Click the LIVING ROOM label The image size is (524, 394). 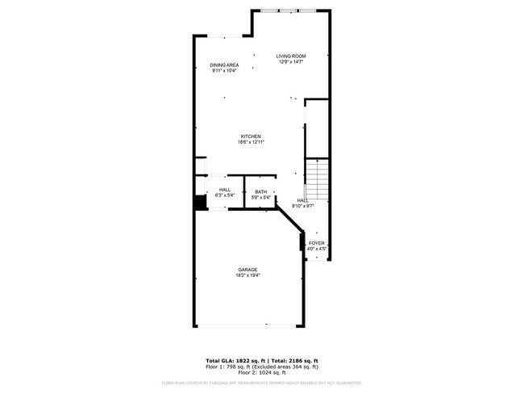(x=291, y=56)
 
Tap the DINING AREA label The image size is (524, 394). (x=224, y=65)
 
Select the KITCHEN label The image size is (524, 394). (x=251, y=136)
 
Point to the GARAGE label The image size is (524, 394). (x=247, y=269)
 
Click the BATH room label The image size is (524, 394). (x=260, y=191)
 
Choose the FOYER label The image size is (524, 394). (x=317, y=243)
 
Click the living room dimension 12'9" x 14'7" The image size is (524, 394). (x=291, y=62)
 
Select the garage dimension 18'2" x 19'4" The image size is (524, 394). (x=247, y=275)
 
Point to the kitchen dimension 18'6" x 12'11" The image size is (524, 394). (x=251, y=142)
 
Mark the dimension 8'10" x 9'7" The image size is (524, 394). (x=303, y=206)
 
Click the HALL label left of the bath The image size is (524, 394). (x=224, y=190)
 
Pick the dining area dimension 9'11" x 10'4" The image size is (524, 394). (x=224, y=71)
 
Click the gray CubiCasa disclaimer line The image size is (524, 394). (x=261, y=383)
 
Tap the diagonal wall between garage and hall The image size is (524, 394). (x=289, y=220)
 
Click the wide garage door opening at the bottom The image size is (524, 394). (x=250, y=326)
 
